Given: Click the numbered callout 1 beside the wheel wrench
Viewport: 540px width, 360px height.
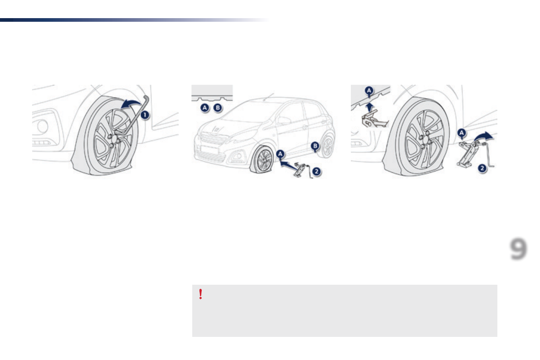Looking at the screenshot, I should pos(144,115).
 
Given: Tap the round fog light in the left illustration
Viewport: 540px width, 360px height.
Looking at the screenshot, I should pos(43,126).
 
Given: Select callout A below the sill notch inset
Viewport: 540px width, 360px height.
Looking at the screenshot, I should pos(205,108).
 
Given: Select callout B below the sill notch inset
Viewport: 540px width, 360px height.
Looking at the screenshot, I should pos(218,108).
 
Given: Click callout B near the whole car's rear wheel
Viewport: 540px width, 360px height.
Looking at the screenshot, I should pos(315,146).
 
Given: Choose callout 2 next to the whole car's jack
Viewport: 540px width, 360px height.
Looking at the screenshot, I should pos(316,171).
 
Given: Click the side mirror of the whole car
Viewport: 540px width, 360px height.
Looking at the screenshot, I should pos(285,120).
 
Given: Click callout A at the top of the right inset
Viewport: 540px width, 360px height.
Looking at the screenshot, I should pos(370,91).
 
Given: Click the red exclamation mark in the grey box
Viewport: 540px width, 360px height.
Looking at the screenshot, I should pos(200,295).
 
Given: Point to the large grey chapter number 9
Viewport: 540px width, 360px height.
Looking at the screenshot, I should pos(518,249).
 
